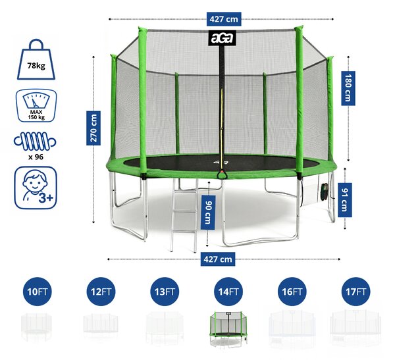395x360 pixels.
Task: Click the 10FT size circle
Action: tap(38, 292)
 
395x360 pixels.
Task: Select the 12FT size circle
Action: tap(101, 292)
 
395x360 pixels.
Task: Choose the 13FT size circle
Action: tap(165, 292)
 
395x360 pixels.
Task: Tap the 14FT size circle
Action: tap(228, 292)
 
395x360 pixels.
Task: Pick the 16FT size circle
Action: tap(292, 292)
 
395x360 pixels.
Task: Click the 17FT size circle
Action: tap(356, 292)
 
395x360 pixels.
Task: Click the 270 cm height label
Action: tap(93, 128)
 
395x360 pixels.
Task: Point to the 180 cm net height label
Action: tap(348, 88)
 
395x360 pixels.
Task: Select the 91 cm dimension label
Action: tap(344, 200)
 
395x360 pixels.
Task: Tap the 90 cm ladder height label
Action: tap(208, 213)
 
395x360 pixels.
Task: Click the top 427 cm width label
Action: tap(224, 19)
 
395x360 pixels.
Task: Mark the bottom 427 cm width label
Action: tap(218, 259)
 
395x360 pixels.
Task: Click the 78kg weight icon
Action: tap(36, 59)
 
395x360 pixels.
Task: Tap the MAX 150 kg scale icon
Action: tap(36, 105)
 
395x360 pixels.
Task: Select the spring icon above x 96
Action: tap(35, 141)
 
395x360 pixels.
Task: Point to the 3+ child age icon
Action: tap(36, 188)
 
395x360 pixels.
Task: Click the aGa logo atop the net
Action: tap(222, 38)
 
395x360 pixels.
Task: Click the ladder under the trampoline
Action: tap(184, 215)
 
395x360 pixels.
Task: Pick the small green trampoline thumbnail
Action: tap(228, 328)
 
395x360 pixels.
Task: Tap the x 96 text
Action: tap(36, 157)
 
